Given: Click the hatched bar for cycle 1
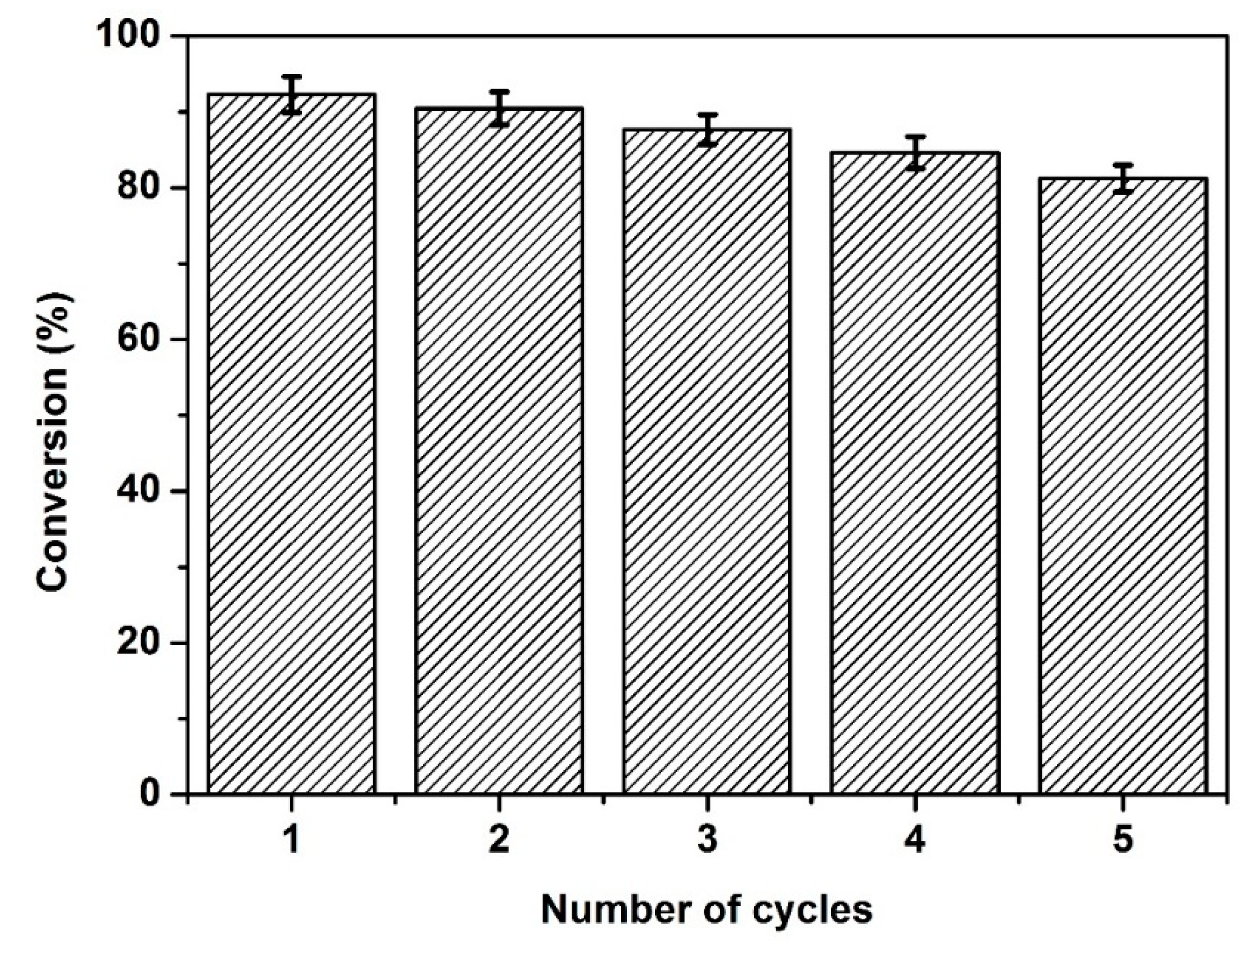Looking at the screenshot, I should pos(291,443).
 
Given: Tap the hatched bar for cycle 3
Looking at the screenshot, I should pos(706,461).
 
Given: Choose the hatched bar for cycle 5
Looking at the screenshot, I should pos(1122,485).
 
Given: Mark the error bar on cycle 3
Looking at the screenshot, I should pos(707,130).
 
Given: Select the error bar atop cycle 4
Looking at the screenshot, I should pos(915,153).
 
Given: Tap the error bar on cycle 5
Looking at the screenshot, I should pos(1123,179).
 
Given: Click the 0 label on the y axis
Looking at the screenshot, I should pos(149,794).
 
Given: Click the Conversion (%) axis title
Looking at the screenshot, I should pos(55,443).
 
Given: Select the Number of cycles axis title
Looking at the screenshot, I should pos(706,910).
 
